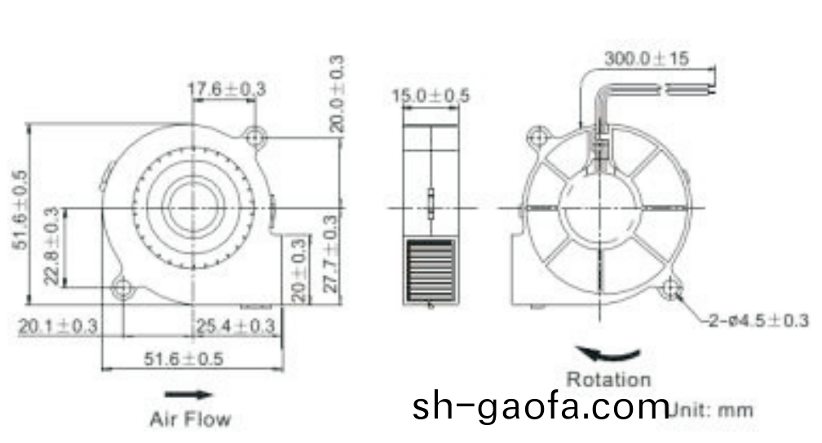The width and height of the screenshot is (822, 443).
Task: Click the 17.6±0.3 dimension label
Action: [228, 90]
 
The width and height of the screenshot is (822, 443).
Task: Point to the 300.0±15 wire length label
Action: [647, 59]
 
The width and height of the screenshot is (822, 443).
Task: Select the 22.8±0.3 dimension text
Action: [53, 247]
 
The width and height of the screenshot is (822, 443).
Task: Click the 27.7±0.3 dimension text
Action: [330, 258]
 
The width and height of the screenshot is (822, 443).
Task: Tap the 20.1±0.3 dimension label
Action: [58, 326]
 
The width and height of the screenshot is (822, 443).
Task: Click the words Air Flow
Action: [190, 419]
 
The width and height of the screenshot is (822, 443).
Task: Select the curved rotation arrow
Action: [608, 355]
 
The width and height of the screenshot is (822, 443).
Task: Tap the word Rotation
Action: [609, 379]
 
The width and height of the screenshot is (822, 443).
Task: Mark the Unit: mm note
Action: [712, 410]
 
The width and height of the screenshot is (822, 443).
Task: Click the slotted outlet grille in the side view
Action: [430, 270]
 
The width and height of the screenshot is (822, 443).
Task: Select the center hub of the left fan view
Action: [193, 198]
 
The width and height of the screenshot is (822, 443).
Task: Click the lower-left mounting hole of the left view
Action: [124, 287]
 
